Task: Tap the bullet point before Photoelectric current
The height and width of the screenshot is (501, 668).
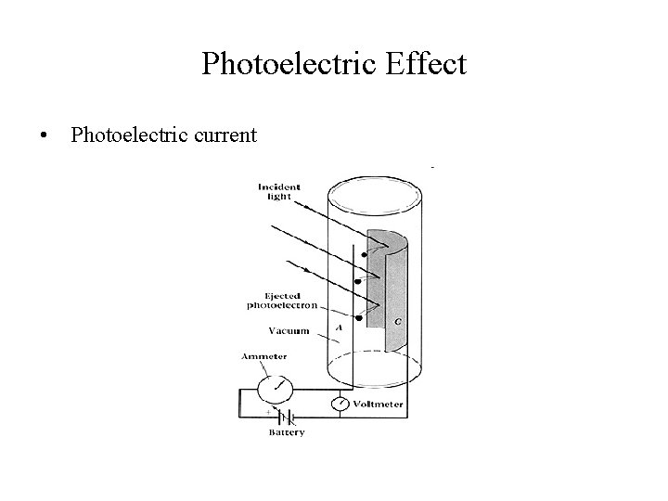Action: (44, 136)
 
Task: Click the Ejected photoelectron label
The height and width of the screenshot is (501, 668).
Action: (280, 300)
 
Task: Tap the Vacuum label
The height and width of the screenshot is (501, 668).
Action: (289, 329)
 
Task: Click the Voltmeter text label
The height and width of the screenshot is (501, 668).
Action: (381, 405)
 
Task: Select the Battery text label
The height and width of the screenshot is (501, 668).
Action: (287, 432)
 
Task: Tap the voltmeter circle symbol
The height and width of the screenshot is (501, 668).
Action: (340, 405)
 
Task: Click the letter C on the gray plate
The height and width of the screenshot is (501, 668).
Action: (397, 321)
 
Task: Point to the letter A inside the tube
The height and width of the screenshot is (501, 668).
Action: (339, 327)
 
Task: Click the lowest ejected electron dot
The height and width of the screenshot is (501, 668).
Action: (358, 317)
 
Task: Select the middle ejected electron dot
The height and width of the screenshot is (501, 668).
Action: (359, 280)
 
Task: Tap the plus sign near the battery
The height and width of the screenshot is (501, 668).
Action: (270, 408)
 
